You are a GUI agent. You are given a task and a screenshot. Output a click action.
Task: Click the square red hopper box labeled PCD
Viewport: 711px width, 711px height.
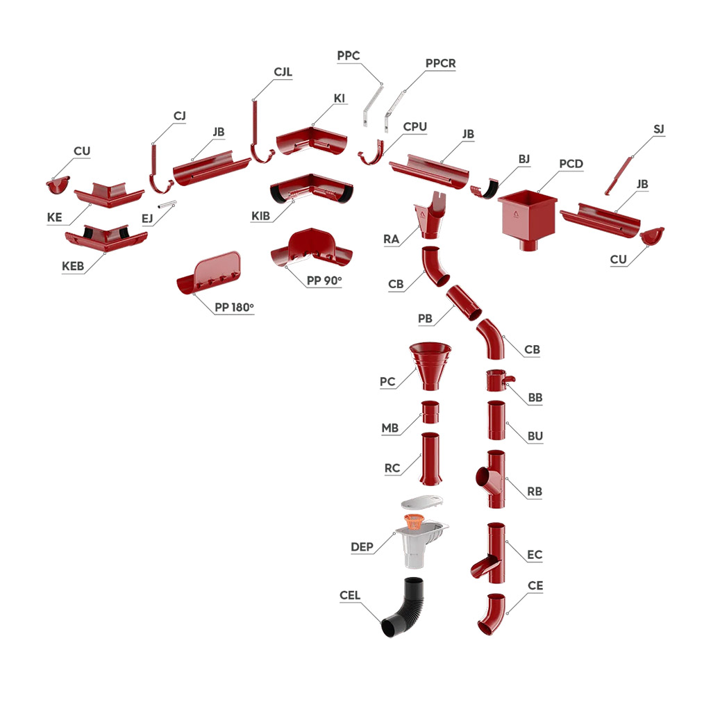[x=528, y=217]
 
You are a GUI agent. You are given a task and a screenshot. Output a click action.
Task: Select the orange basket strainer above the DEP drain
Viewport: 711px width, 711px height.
[x=414, y=522]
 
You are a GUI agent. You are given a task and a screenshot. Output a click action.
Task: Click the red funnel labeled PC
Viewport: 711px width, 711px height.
[x=430, y=365]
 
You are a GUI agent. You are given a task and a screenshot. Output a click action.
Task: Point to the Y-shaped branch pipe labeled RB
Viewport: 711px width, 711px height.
[x=492, y=479]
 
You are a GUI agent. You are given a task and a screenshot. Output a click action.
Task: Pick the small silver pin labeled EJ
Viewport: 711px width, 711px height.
[x=167, y=205]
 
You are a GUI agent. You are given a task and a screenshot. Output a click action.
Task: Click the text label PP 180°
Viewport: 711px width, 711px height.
[x=234, y=308]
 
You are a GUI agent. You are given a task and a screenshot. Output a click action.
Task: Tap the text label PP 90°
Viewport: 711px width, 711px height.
[x=324, y=281]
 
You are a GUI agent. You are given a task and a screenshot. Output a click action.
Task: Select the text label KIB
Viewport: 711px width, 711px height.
[x=261, y=217]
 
